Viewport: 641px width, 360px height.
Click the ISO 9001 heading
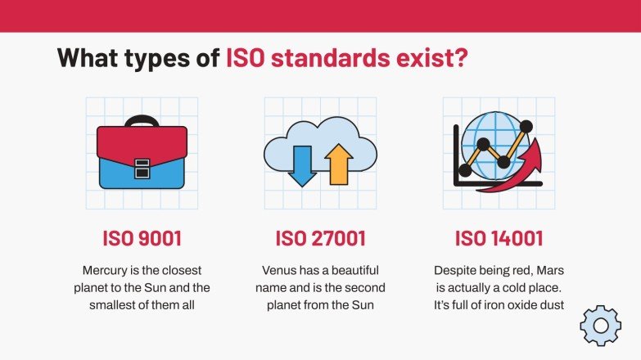(x=142, y=239)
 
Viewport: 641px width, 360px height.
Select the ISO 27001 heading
(x=320, y=239)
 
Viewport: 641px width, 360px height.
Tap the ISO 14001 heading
(x=499, y=239)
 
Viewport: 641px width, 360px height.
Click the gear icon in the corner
(x=600, y=326)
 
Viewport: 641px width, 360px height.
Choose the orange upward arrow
(x=338, y=164)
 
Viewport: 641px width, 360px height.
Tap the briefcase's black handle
(x=142, y=119)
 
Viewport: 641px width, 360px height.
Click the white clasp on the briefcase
(x=142, y=168)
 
